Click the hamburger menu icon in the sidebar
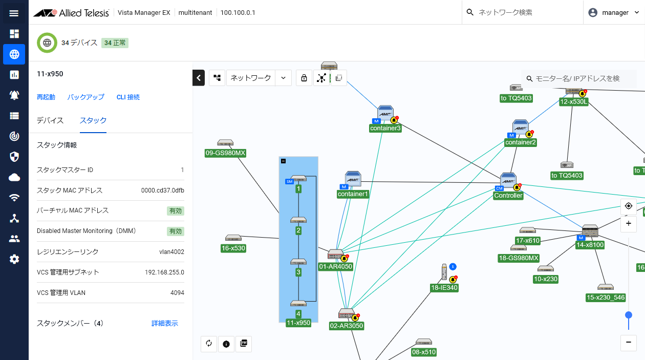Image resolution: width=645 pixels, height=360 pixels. click(x=14, y=13)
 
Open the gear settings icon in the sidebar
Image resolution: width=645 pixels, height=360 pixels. click(x=14, y=259)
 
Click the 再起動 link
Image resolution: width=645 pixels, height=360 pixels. click(x=46, y=97)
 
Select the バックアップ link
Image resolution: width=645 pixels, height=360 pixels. click(x=85, y=97)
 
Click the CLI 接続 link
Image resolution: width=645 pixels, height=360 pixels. click(x=128, y=97)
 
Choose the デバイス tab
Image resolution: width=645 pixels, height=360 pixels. click(x=50, y=120)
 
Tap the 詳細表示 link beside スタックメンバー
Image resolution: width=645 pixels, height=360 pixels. click(x=165, y=323)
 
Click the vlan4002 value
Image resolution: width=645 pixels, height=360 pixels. click(x=171, y=252)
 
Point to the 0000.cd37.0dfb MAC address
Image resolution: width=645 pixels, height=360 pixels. click(x=162, y=190)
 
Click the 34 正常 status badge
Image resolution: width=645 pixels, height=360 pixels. click(x=115, y=43)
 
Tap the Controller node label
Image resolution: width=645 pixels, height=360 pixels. click(x=508, y=196)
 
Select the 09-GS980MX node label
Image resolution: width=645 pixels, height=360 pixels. click(x=225, y=153)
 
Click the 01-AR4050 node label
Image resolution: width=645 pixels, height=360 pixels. click(x=335, y=266)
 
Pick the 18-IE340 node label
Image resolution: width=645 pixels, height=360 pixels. click(x=444, y=288)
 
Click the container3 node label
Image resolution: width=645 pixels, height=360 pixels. click(x=385, y=128)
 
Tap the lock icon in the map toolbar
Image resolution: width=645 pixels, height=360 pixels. click(x=304, y=78)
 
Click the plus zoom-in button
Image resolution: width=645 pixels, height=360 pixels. click(x=628, y=223)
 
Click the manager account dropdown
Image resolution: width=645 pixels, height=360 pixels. click(x=614, y=13)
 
